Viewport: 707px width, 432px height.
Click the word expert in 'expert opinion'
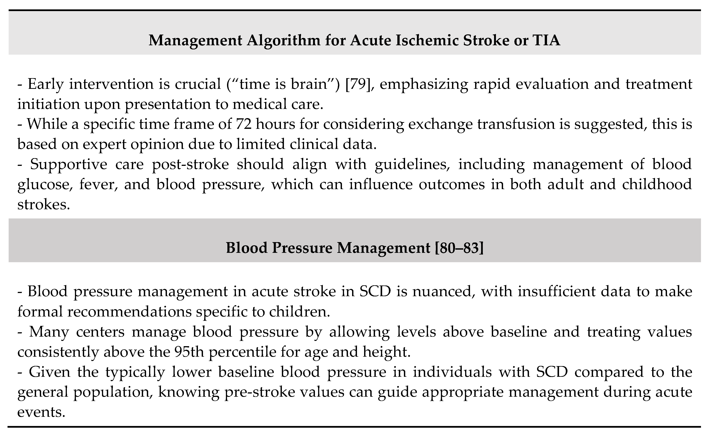[104, 144]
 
